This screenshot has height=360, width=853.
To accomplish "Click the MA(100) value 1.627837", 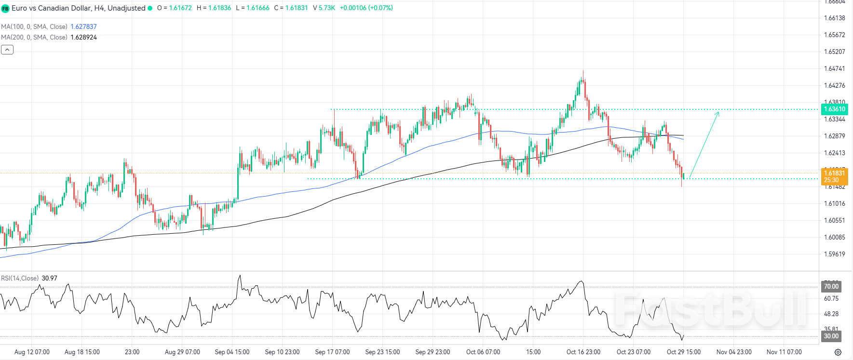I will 83,27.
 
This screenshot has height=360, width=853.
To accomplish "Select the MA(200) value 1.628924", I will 83,38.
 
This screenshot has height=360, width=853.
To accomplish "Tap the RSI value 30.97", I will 49,279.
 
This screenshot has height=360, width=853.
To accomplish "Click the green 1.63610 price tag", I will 834,109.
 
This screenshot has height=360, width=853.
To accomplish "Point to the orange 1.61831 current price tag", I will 834,176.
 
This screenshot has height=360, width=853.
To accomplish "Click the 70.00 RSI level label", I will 831,287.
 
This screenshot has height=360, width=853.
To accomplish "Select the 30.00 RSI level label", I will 831,336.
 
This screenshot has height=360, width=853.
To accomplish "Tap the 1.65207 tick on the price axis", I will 834,52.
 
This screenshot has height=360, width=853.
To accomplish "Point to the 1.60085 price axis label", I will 834,238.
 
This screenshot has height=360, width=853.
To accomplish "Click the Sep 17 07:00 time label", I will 332,352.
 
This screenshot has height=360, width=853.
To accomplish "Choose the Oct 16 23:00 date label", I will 583,352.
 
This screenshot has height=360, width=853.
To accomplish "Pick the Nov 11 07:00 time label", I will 784,352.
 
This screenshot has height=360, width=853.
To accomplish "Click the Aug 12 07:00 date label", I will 32,352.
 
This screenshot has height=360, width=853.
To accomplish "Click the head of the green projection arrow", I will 718,112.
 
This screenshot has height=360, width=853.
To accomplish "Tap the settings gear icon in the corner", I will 838,352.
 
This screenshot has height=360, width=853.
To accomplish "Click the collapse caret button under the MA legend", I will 7,50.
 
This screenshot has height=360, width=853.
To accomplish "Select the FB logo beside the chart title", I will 5,9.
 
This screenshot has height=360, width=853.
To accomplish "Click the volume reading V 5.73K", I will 324,8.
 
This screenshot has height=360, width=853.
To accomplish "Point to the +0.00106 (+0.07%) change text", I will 366,8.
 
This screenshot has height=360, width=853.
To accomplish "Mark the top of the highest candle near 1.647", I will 583,71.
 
